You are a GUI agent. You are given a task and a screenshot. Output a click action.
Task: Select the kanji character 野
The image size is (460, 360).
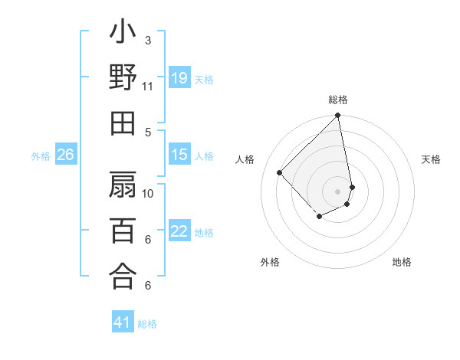123,77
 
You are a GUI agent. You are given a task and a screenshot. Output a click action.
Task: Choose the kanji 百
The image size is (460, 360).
123,231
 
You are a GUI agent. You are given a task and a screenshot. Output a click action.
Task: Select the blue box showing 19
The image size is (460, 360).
179,78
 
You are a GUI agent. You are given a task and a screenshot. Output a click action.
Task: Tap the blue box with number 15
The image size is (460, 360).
179,155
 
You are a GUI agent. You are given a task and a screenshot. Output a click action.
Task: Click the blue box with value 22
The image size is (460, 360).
179,232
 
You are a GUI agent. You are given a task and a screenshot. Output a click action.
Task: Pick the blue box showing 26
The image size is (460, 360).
66,155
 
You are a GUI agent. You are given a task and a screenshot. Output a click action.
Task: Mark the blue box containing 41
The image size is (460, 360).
123,323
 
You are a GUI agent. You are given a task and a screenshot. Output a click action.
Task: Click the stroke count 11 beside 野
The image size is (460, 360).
148,86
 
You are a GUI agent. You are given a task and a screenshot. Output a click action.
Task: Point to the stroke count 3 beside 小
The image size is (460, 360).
147,39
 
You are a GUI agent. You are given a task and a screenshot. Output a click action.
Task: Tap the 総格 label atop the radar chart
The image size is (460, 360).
338,100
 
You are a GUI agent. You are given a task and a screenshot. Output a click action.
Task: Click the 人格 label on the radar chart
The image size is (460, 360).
246,159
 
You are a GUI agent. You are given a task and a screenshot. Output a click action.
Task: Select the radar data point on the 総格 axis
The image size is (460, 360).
337,116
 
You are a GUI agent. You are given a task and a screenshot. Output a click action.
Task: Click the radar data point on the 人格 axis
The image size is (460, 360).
280,172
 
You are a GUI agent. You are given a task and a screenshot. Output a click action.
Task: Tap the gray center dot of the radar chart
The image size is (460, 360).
337,191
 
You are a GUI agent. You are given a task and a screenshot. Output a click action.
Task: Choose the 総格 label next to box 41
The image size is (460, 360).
147,324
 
